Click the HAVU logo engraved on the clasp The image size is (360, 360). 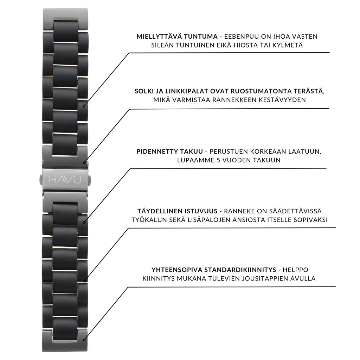click(65, 180)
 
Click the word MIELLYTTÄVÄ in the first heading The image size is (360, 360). click(157, 36)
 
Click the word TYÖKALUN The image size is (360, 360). click(149, 220)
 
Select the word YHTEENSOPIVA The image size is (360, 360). click(176, 270)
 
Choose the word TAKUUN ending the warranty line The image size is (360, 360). click(267, 160)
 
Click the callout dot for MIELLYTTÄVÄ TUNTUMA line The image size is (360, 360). click(84, 106)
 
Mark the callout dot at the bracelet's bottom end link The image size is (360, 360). click(84, 340)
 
